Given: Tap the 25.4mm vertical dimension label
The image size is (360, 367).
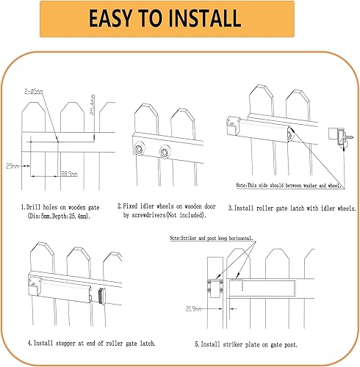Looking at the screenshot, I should pyautogui.click(x=92, y=109).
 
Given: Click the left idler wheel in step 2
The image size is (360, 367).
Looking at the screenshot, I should pyautogui.click(x=138, y=151).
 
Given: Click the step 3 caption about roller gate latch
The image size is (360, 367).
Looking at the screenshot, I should pyautogui.click(x=291, y=208).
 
